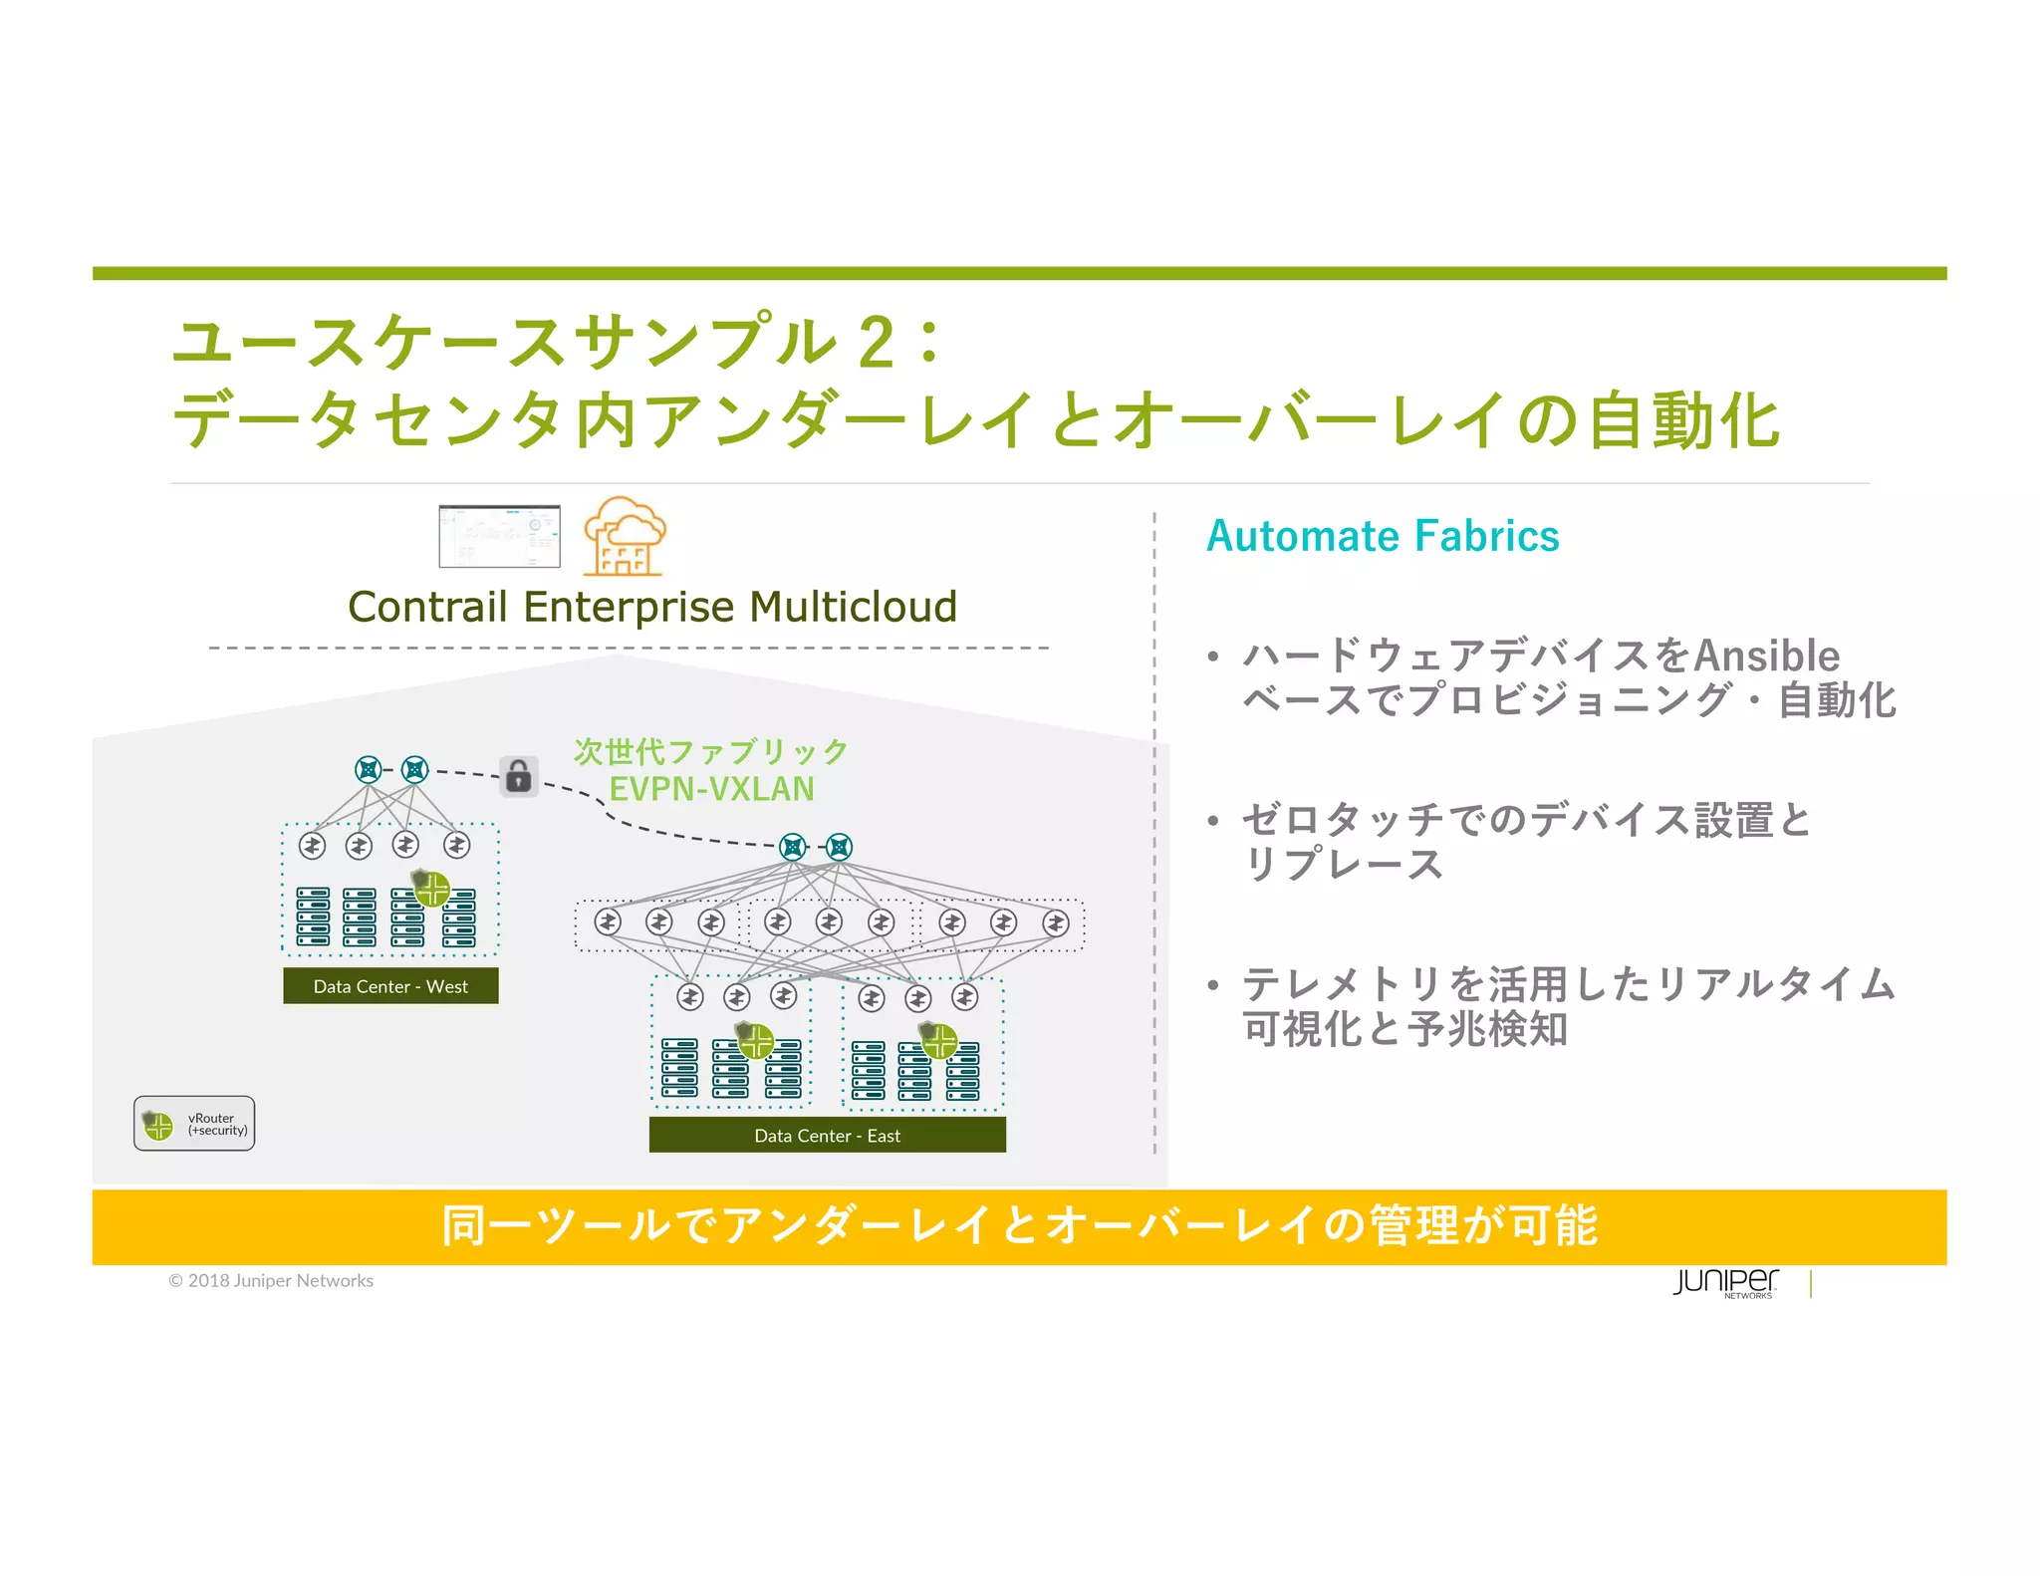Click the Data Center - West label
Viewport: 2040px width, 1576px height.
pos(390,986)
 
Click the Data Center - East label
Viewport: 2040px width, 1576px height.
pos(827,1136)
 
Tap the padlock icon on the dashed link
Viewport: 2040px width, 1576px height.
pos(519,776)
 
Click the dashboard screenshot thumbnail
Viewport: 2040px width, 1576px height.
pos(499,536)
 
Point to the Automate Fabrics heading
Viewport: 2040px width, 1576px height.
pos(1383,536)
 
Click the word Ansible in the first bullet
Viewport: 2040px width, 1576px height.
pos(1766,656)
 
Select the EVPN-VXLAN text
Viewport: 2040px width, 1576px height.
pos(711,789)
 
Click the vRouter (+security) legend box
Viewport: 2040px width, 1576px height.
pos(194,1124)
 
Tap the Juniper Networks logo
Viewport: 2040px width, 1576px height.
pos(1725,1282)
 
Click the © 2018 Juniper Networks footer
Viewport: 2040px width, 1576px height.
pos(271,1281)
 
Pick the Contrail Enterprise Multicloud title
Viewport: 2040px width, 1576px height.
pos(652,607)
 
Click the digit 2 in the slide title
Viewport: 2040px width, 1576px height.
pos(876,343)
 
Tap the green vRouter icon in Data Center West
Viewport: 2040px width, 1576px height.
pos(432,888)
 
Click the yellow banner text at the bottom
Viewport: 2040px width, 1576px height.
pos(1019,1226)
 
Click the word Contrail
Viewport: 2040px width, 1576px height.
pos(427,607)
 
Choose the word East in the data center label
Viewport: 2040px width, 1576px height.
pos(884,1136)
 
